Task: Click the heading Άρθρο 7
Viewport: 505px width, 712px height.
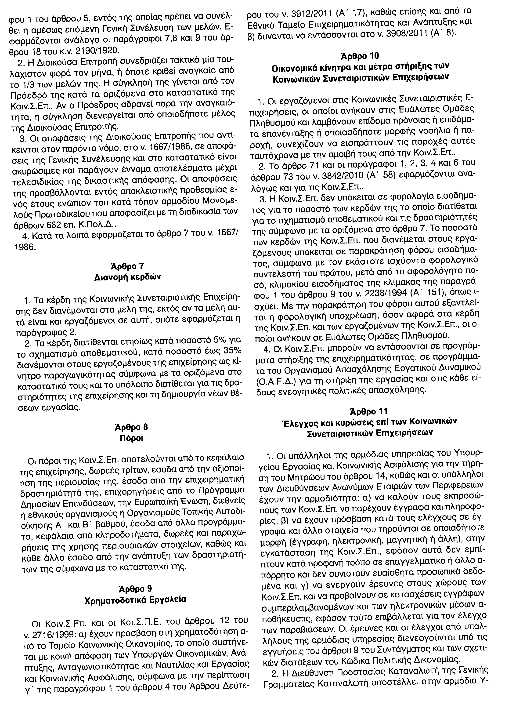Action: (x=127, y=267)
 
